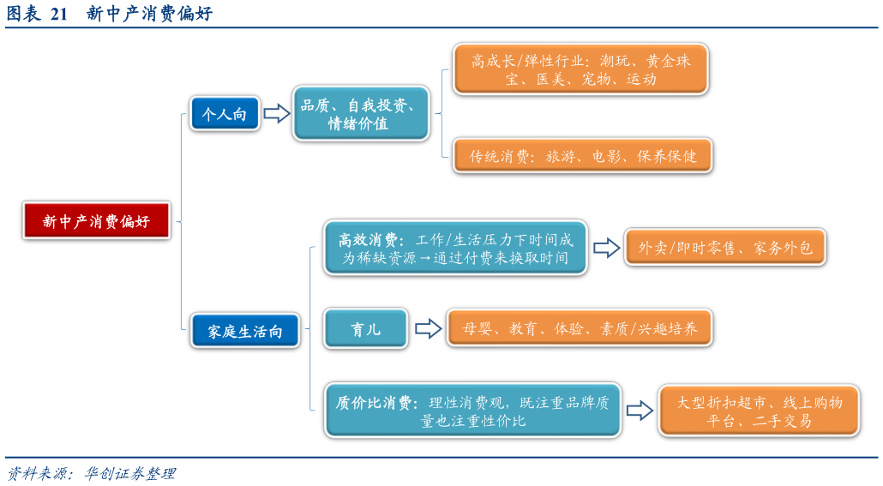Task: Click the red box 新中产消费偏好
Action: (x=96, y=221)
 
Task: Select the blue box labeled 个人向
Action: (x=225, y=113)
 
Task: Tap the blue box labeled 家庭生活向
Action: (x=245, y=330)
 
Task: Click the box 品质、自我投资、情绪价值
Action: (x=360, y=113)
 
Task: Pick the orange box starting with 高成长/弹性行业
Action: (x=580, y=69)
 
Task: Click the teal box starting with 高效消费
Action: (x=455, y=248)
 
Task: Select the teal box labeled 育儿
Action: (x=366, y=328)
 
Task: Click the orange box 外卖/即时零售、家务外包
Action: (x=724, y=248)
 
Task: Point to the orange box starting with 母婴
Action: (x=580, y=328)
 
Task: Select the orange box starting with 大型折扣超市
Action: (x=759, y=411)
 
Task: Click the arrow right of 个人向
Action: (x=276, y=113)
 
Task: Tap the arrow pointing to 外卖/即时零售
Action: (x=606, y=248)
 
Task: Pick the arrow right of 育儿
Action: (x=428, y=328)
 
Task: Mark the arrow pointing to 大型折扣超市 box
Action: (x=639, y=411)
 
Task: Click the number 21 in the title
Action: (x=59, y=14)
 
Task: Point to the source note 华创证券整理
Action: (x=129, y=473)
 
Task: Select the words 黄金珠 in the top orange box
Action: (x=669, y=60)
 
